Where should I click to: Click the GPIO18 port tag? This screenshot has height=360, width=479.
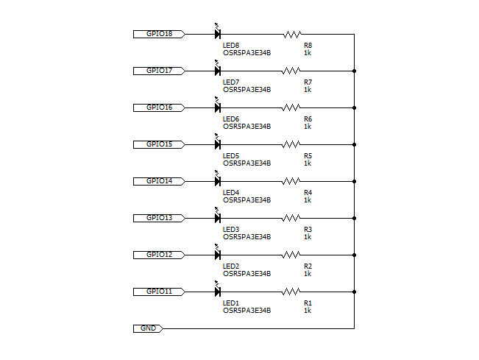pos(159,34)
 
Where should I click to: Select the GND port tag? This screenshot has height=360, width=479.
pos(148,328)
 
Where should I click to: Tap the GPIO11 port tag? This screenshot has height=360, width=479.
pos(159,292)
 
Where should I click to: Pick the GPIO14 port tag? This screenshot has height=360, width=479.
pos(159,181)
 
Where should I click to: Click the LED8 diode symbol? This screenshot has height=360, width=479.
pos(218,33)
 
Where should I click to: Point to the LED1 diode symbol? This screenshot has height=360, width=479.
pos(218,291)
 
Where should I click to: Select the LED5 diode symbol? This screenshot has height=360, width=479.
pos(218,144)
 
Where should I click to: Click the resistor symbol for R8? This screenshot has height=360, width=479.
pos(292,34)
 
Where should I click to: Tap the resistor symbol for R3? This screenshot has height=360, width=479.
pos(292,218)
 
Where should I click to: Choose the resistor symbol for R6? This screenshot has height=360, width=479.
pos(292,107)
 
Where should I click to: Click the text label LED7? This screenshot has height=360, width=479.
pos(231,82)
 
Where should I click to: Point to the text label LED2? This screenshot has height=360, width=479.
pos(231,266)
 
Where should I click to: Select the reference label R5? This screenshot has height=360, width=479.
pos(308,155)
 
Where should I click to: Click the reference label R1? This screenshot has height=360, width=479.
pos(308,303)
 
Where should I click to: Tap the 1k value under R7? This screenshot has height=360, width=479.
pos(307,89)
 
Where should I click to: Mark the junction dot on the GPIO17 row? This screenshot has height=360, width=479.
pos(355,71)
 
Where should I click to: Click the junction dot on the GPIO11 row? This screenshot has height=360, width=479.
pos(355,292)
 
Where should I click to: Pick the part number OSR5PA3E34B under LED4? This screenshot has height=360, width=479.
pos(246,200)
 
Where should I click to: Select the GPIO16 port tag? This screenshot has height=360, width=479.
pos(159,107)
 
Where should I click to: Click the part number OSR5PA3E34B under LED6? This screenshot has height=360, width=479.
pos(246,126)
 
